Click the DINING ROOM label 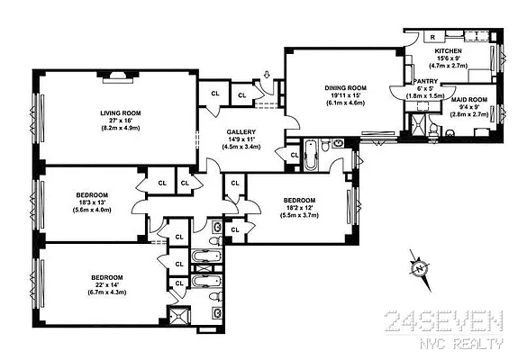pos(346,87)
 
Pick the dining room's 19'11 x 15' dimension pos(346,95)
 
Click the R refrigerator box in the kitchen pos(433,37)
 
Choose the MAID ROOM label pos(443,99)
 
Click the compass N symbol pos(418,268)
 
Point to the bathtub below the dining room pos(310,156)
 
